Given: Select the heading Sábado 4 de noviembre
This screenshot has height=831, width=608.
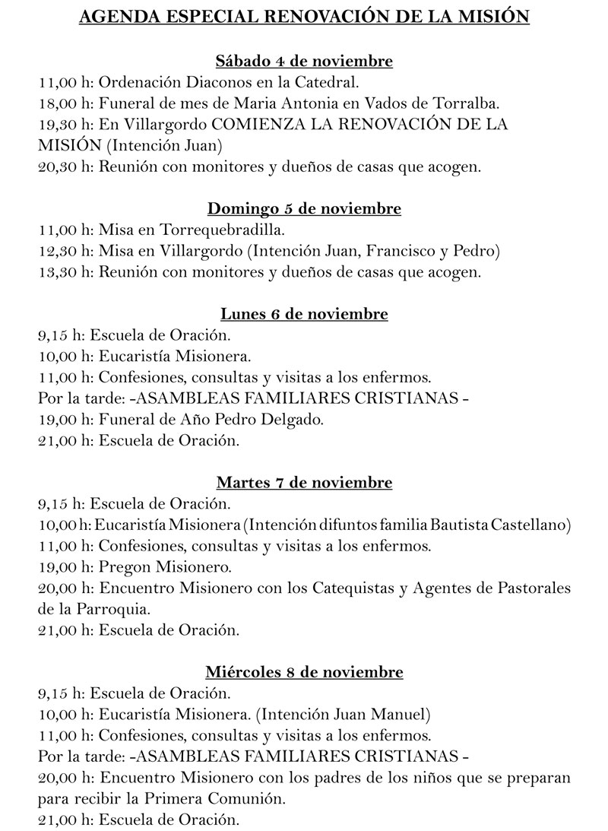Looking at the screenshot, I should pyautogui.click(x=304, y=61).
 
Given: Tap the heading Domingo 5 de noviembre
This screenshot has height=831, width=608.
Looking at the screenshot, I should pyautogui.click(x=304, y=208).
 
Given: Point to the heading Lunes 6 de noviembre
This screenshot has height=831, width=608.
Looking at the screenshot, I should pyautogui.click(x=304, y=313).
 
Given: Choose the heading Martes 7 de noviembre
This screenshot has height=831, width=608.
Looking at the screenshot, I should pyautogui.click(x=304, y=482).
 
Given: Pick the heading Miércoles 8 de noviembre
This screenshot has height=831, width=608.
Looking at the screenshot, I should pyautogui.click(x=304, y=671).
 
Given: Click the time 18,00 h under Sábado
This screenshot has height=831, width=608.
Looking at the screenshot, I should pyautogui.click(x=62, y=103).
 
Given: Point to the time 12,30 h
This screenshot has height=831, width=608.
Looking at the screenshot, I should pyautogui.click(x=62, y=250).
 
